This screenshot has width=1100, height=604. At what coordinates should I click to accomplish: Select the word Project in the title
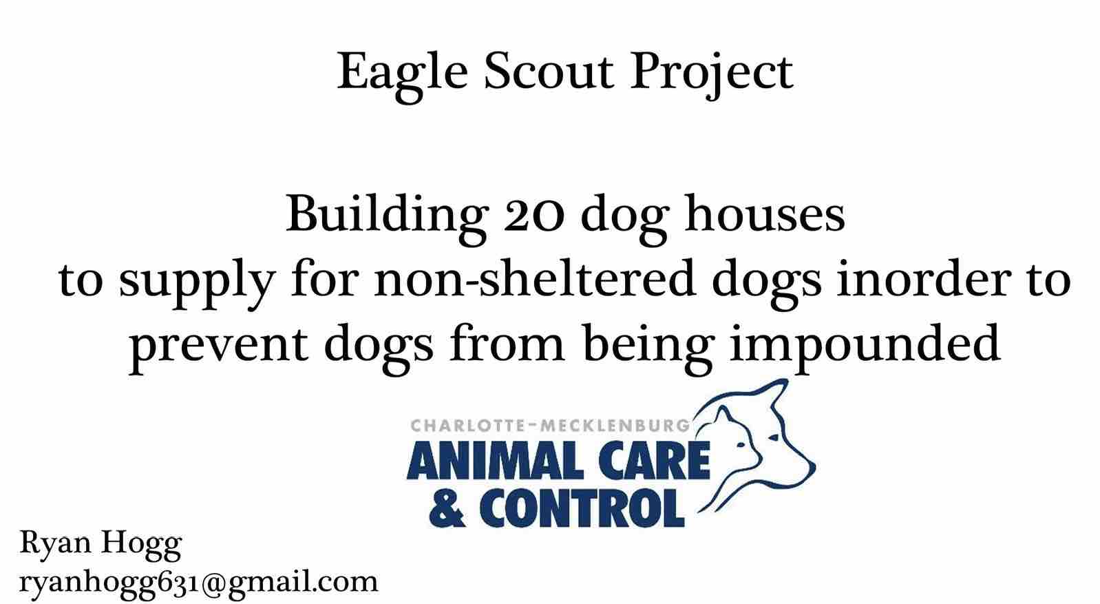[x=712, y=74]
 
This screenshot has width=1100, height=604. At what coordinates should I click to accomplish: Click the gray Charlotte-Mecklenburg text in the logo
[x=551, y=425]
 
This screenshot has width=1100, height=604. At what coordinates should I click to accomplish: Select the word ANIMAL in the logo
[x=495, y=461]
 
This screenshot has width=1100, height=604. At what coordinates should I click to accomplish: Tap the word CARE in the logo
[x=654, y=461]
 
